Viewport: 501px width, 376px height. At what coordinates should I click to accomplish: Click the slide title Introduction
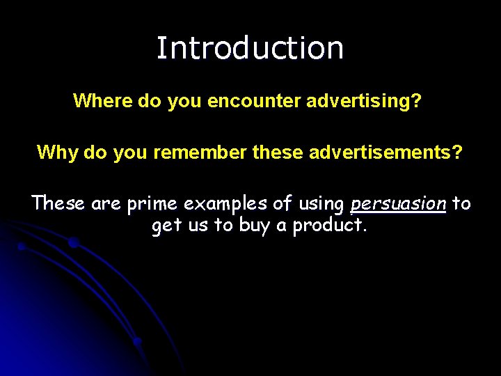(250, 48)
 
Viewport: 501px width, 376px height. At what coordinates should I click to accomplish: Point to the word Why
(57, 152)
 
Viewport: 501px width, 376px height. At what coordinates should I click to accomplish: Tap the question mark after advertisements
(456, 152)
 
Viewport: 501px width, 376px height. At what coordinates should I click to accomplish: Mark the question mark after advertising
(416, 101)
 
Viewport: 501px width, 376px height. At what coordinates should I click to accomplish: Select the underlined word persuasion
(398, 203)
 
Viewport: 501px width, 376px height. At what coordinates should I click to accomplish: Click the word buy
(257, 226)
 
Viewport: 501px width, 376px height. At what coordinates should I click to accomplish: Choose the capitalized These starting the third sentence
(58, 203)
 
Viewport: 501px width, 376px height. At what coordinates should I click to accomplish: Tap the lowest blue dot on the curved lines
(137, 341)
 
